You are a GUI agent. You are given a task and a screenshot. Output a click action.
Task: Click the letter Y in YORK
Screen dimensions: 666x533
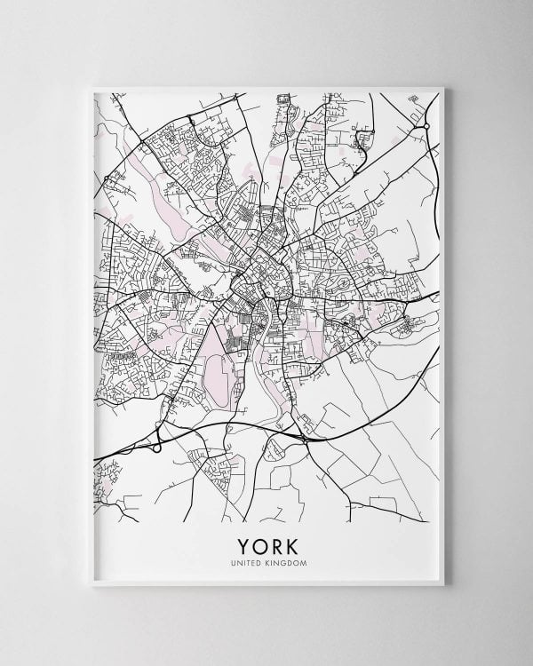[x=242, y=542]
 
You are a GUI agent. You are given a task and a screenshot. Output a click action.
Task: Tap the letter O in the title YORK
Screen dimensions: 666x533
[x=259, y=542]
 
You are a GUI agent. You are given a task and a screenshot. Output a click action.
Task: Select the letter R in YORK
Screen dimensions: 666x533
[x=275, y=542]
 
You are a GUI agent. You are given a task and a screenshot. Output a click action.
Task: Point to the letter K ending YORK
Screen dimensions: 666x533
[x=291, y=542]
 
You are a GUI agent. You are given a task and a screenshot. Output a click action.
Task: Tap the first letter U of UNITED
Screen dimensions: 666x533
[x=234, y=560]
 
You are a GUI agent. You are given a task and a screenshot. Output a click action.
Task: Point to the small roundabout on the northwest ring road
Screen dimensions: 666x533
[x=108, y=178]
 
